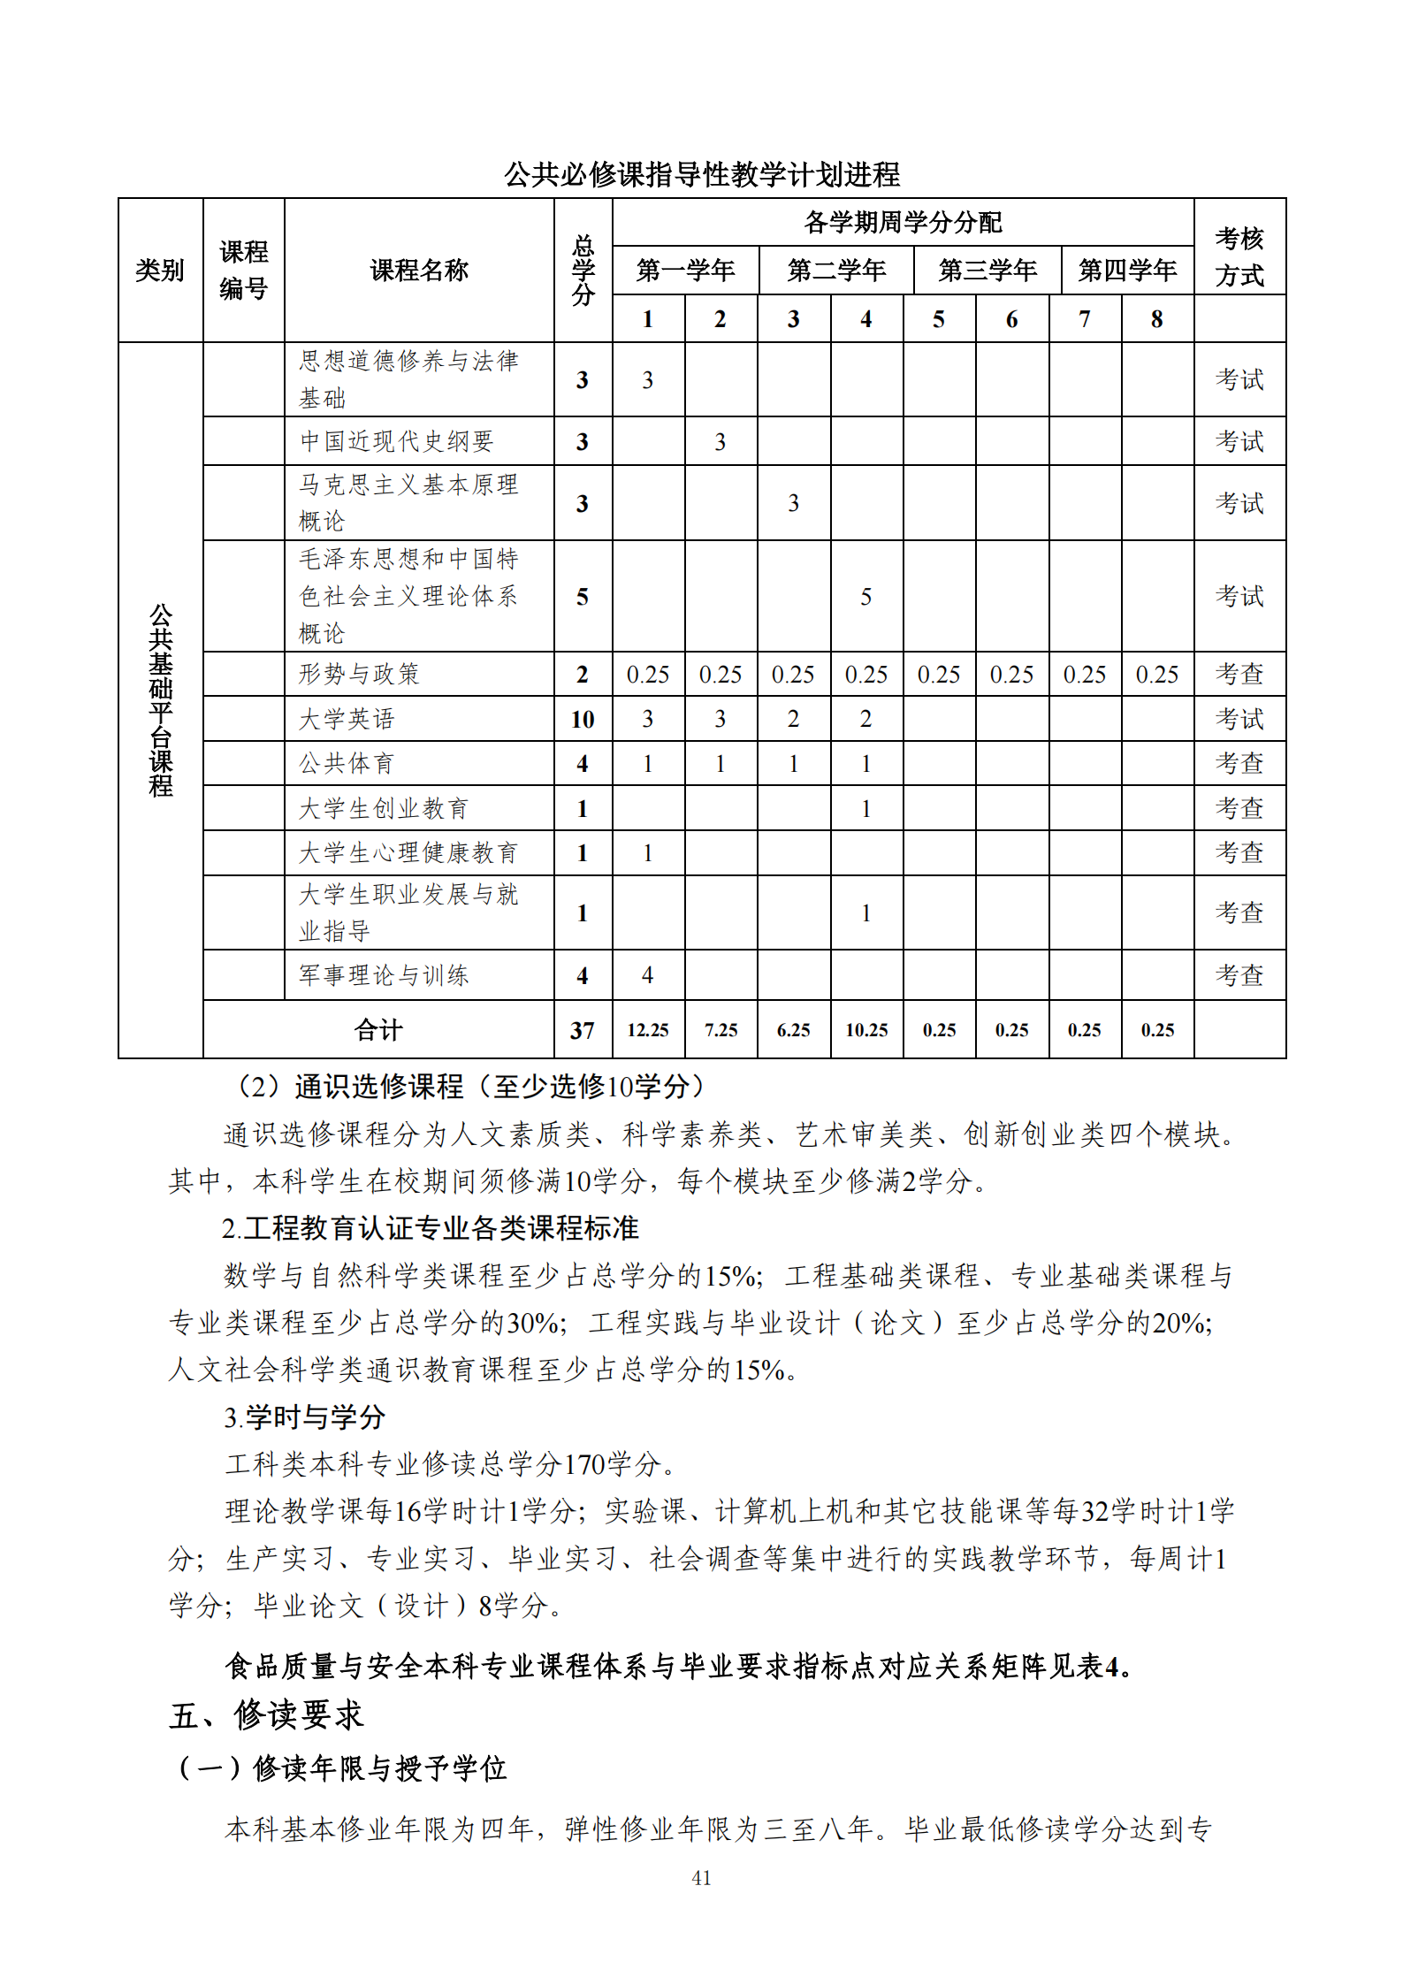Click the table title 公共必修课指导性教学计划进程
click(x=701, y=174)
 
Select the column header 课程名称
click(x=419, y=270)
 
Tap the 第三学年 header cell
click(x=987, y=270)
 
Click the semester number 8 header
click(x=1156, y=319)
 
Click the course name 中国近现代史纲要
click(x=396, y=441)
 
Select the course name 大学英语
click(x=347, y=719)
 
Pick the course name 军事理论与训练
click(x=384, y=975)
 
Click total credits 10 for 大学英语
click(x=582, y=720)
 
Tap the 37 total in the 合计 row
click(x=582, y=1030)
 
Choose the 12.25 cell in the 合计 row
click(x=648, y=1030)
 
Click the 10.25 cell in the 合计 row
click(x=866, y=1030)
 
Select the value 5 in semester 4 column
click(x=866, y=597)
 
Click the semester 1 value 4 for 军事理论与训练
click(x=648, y=975)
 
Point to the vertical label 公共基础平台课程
click(x=160, y=700)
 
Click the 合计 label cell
click(x=378, y=1030)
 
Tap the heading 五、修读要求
click(x=267, y=1715)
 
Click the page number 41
click(x=701, y=1877)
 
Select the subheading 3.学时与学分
click(x=304, y=1417)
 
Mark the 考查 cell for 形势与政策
click(x=1239, y=675)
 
